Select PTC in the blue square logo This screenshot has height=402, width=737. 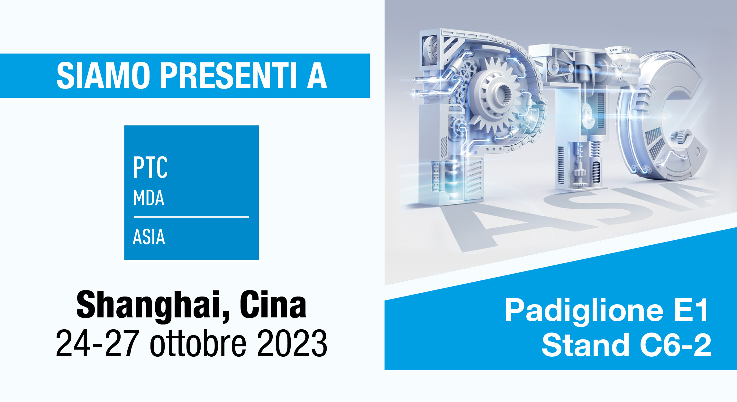tap(150, 167)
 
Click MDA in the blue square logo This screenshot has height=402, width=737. tap(149, 198)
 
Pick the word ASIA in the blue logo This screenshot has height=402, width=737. tap(149, 237)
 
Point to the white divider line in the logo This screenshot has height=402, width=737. tap(191, 217)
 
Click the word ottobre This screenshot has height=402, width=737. tap(198, 343)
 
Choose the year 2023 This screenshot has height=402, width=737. tap(292, 343)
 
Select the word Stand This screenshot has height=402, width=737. tap(585, 345)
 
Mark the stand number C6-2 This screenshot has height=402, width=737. tap(676, 345)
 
